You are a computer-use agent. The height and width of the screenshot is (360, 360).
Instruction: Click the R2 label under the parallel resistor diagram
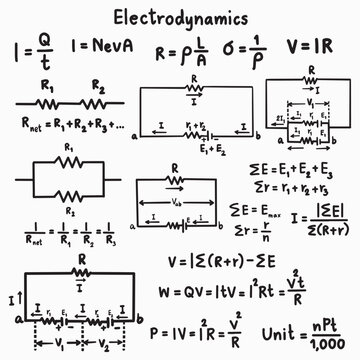tap(68, 213)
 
